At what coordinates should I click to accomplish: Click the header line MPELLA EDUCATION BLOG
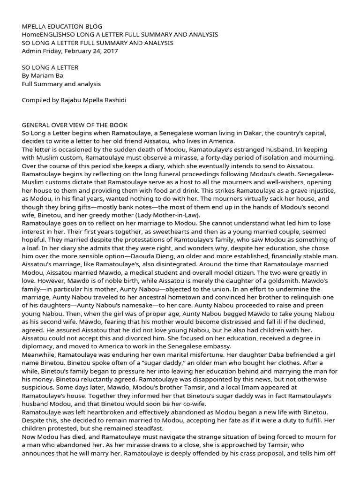coord(62,26)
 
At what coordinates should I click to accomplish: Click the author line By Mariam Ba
coord(43,75)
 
